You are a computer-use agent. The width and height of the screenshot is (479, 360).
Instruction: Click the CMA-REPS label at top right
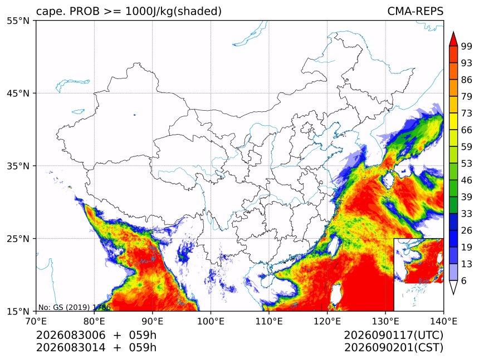(x=415, y=11)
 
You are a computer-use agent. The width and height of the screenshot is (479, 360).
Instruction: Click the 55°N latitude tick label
(x=18, y=21)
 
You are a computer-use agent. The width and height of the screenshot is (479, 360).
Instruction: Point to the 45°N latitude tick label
(x=18, y=93)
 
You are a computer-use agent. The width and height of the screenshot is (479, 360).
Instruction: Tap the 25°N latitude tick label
(x=18, y=238)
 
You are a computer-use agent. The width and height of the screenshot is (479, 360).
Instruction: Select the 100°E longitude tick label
(x=211, y=321)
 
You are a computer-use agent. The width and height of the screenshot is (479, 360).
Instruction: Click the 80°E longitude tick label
(x=94, y=321)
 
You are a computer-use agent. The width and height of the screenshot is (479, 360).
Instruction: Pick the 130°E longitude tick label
(x=385, y=321)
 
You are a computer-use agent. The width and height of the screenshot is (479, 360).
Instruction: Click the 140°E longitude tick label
(x=443, y=321)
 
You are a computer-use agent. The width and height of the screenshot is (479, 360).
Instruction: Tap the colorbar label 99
(x=467, y=46)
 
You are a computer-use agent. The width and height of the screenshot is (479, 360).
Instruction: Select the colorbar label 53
(x=467, y=164)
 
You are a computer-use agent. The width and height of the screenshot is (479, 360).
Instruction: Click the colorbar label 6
(x=464, y=280)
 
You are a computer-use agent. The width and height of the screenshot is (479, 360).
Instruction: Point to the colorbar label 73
(x=467, y=113)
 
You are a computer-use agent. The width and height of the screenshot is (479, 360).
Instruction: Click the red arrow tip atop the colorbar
(x=453, y=32)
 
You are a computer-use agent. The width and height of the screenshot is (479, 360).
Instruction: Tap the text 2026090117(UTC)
(x=393, y=335)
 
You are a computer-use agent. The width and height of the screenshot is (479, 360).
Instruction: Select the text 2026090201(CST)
(x=393, y=348)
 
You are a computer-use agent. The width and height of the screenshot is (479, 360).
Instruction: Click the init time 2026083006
(x=71, y=335)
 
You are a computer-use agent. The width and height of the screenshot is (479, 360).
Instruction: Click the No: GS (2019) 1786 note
(x=74, y=307)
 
